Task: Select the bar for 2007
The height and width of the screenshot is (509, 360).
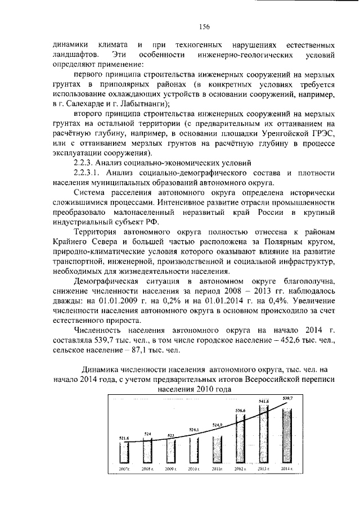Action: [125, 451]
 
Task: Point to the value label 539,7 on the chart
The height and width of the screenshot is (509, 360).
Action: [287, 398]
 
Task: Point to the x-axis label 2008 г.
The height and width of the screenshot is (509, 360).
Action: [148, 469]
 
